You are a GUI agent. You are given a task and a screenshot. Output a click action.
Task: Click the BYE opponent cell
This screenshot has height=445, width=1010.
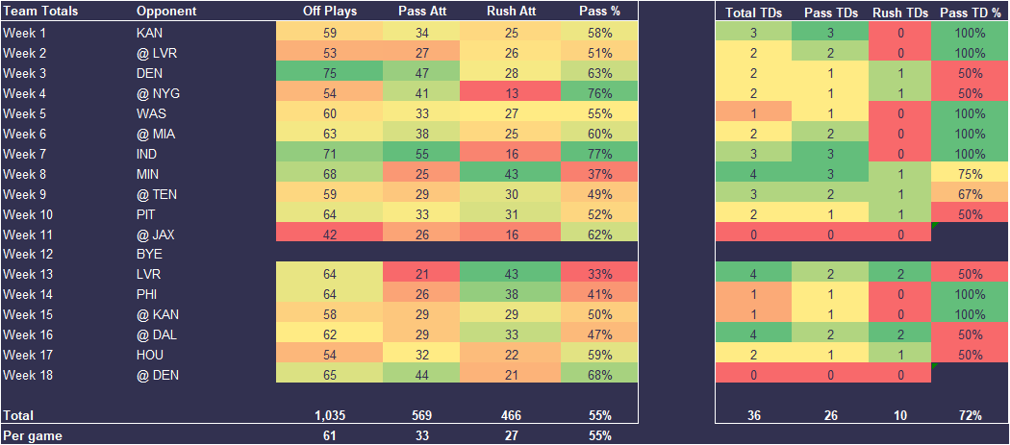(x=150, y=255)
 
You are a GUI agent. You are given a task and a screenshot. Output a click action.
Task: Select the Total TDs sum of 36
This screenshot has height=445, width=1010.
(x=754, y=415)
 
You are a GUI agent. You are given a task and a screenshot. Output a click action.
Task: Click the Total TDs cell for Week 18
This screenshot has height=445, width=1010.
(x=754, y=376)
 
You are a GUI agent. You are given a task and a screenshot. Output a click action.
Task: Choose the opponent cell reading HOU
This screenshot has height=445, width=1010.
(x=150, y=356)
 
